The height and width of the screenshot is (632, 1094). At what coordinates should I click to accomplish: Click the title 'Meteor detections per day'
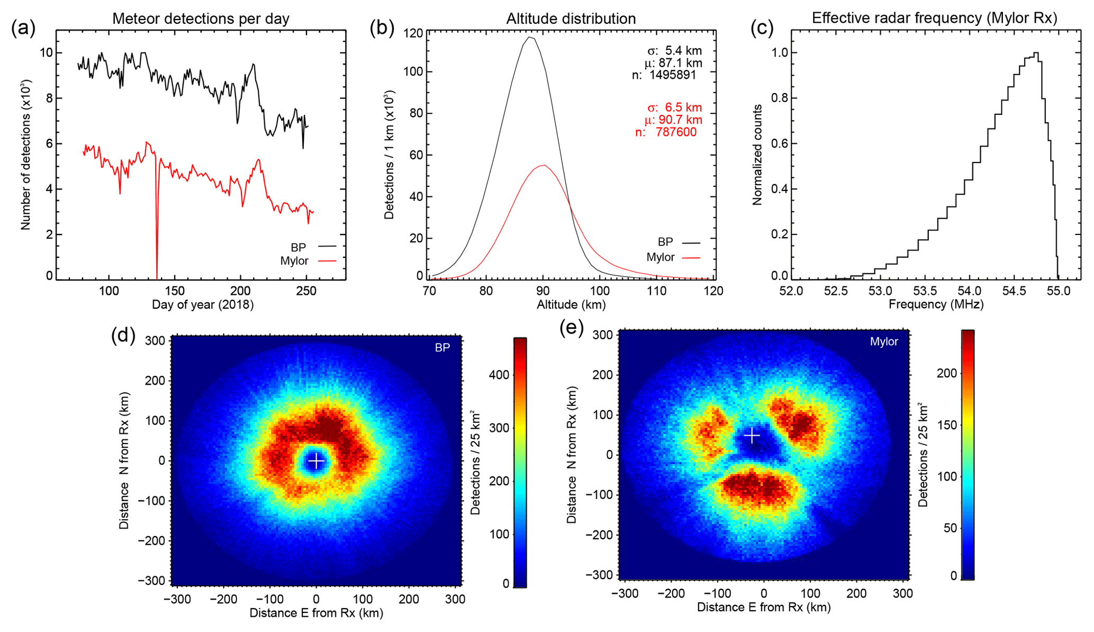pos(201,19)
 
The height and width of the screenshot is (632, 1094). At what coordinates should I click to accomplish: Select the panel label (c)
pos(762,28)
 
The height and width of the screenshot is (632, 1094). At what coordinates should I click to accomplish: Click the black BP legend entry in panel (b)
pos(679,242)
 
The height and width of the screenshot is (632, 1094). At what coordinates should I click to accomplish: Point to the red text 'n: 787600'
pos(666,132)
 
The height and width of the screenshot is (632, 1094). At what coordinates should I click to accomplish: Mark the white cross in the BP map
pos(316,461)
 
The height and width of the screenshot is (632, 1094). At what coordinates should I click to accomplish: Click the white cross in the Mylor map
pos(752,436)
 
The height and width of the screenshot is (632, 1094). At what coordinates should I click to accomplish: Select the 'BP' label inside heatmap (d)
pos(442,348)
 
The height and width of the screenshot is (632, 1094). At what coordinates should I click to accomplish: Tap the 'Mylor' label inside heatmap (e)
pos(884,342)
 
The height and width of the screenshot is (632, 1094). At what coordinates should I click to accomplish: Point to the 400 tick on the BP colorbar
pos(499,375)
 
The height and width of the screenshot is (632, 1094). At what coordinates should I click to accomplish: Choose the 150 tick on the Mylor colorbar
pos(947,425)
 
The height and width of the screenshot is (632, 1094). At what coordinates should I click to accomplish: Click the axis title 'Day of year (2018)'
pos(203,305)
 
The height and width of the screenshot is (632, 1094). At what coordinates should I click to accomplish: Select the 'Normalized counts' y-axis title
pos(757,155)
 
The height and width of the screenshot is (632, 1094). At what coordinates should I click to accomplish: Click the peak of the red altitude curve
pos(544,165)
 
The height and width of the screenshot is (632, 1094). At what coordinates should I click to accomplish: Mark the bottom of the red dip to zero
pos(157,278)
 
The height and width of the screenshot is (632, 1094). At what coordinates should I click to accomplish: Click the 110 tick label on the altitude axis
pos(656,291)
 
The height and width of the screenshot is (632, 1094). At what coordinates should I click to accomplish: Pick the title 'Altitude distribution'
pos(571,19)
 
